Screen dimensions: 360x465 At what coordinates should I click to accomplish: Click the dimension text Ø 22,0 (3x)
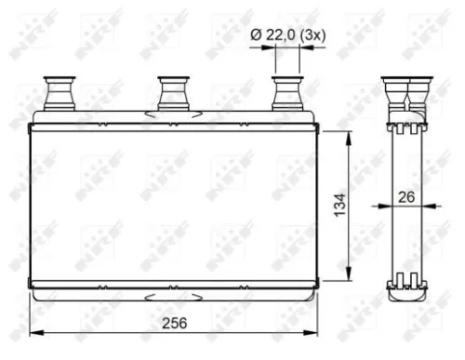[287, 34]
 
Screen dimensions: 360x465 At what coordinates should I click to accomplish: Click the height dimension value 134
[339, 202]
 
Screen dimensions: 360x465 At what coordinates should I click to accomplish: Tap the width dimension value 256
[174, 323]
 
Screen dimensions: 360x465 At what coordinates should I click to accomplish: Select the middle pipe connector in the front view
[172, 94]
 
